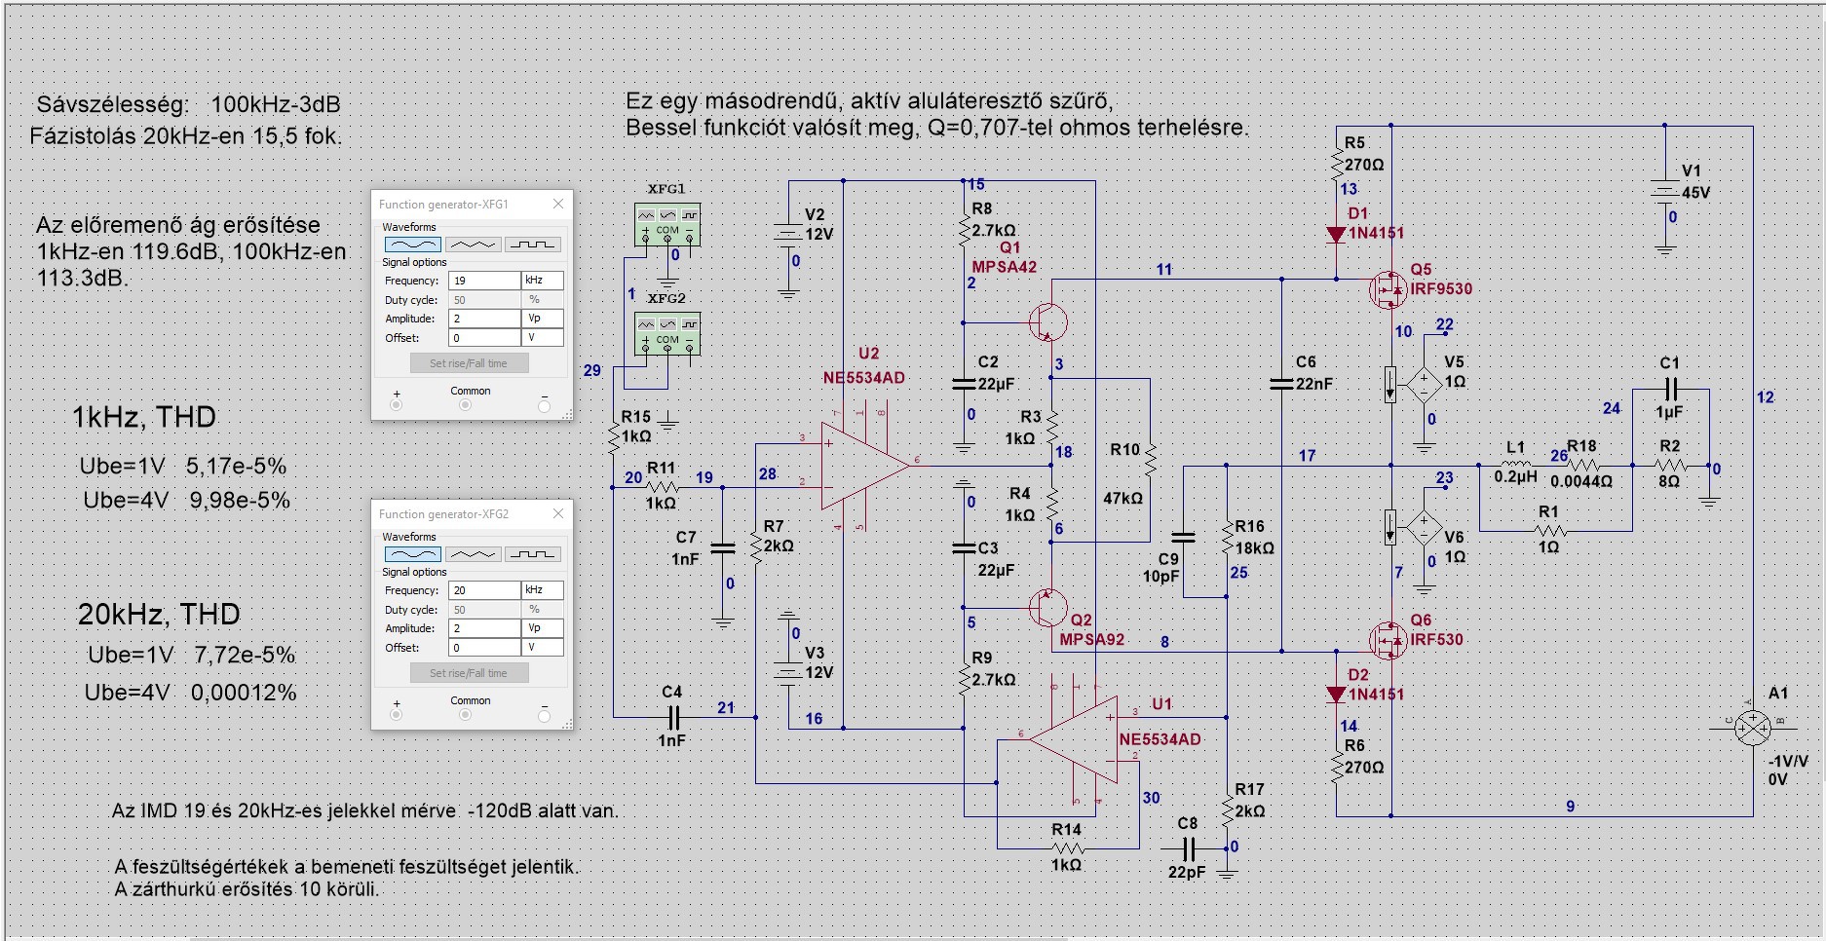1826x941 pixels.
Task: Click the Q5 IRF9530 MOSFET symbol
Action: click(1387, 289)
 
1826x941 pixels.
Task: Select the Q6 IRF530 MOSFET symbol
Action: click(1387, 640)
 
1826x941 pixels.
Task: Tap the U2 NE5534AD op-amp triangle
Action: click(862, 466)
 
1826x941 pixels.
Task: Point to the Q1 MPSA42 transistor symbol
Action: click(1046, 322)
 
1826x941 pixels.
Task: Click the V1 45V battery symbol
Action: click(1664, 192)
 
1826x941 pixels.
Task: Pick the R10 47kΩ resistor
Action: click(1150, 460)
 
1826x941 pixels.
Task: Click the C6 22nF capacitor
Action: click(1281, 384)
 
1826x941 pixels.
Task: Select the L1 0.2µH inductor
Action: click(1516, 466)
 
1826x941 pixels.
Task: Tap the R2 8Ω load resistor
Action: click(1669, 466)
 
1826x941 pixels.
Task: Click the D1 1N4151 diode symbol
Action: click(1336, 234)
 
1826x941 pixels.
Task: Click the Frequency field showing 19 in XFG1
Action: click(484, 281)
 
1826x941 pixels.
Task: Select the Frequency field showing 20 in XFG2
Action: click(484, 590)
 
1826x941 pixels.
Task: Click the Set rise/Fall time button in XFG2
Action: click(469, 673)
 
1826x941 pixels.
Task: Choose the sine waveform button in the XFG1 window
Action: click(413, 245)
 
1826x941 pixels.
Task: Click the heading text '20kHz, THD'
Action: click(159, 615)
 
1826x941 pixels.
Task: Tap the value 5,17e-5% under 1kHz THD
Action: click(237, 467)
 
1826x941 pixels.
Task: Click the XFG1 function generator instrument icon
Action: click(667, 225)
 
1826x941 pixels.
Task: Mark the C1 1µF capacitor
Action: click(1670, 390)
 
